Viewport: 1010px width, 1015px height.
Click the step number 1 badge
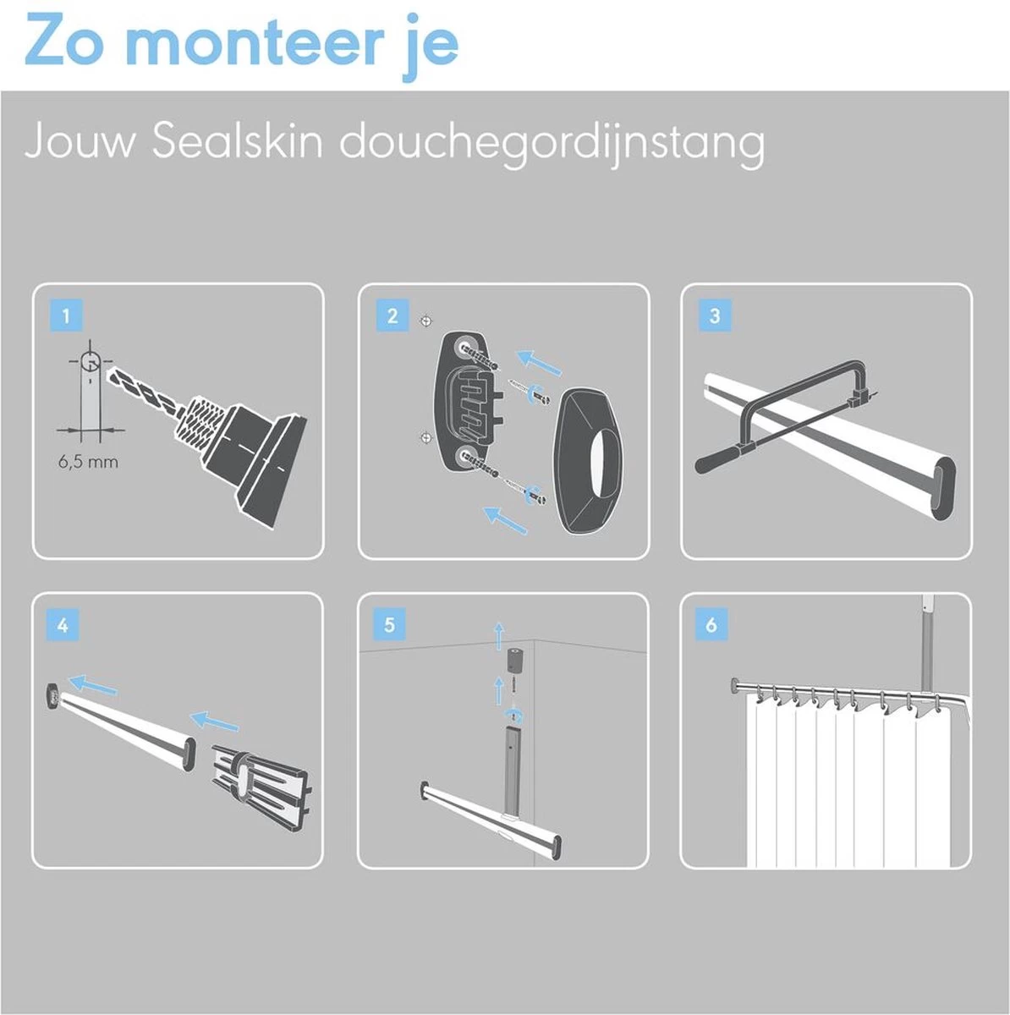point(66,316)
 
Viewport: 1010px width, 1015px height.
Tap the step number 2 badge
point(392,316)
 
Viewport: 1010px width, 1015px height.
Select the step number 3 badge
point(715,316)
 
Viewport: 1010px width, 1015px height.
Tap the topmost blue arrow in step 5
point(498,633)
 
